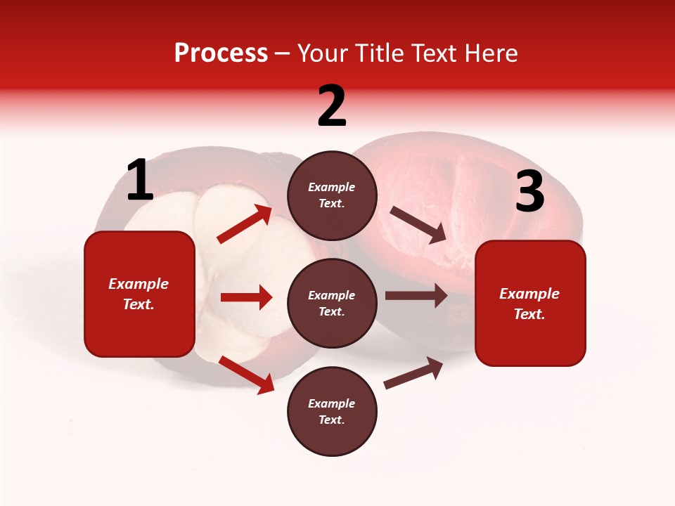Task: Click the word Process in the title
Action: (x=221, y=53)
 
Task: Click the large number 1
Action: (x=140, y=181)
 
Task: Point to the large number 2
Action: (x=332, y=106)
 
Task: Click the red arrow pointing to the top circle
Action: (x=245, y=224)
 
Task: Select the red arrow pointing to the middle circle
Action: (x=246, y=297)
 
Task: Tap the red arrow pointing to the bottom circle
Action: (x=246, y=375)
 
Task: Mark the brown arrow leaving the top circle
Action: (x=418, y=225)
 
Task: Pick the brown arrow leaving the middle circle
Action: (x=416, y=296)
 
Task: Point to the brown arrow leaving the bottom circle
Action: (x=413, y=373)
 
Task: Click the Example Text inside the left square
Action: (x=139, y=294)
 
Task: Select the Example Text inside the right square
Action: (x=529, y=304)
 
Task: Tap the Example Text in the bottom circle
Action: (x=332, y=411)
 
